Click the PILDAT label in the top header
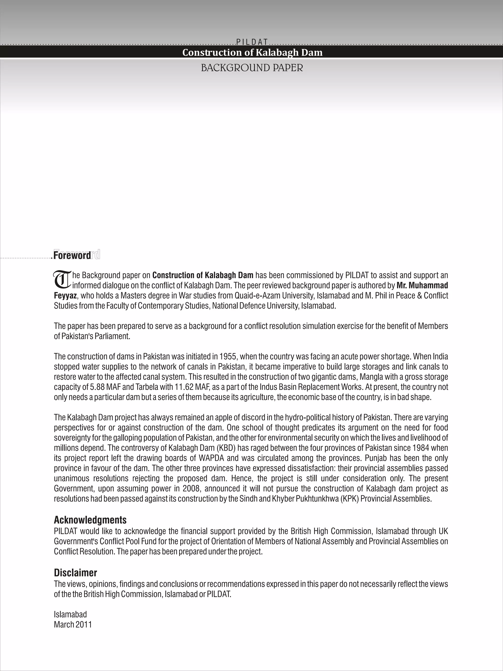(x=252, y=42)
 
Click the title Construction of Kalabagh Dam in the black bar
(x=252, y=53)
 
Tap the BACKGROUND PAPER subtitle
(x=252, y=68)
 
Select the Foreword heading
(x=72, y=256)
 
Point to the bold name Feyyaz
(x=65, y=296)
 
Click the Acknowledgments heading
(x=90, y=520)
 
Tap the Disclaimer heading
(x=75, y=573)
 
